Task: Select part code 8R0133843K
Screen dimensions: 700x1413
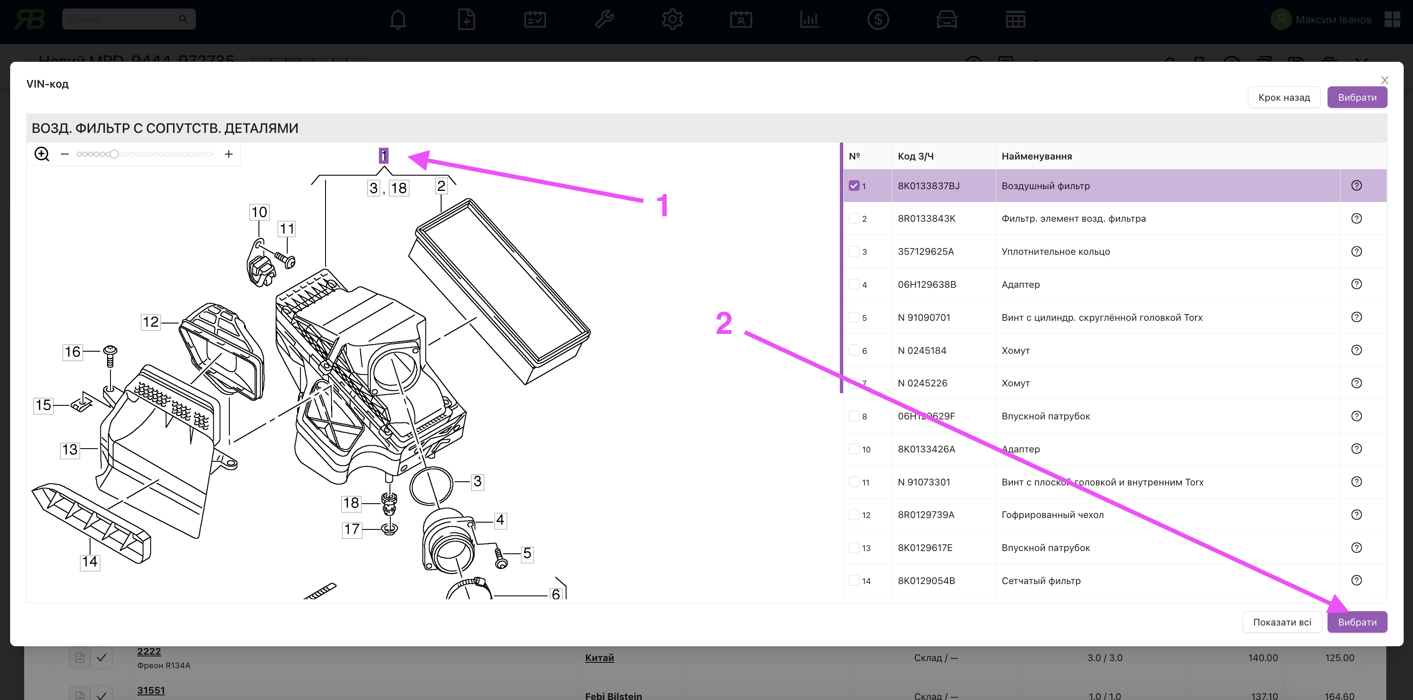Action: coord(927,218)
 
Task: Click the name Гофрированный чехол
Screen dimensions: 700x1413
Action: coord(1052,515)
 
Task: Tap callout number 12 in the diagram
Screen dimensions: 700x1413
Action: coord(150,322)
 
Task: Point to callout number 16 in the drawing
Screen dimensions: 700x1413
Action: coord(72,352)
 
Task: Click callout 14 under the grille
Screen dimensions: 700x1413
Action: coord(90,562)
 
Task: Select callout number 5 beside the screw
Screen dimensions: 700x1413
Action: coord(527,553)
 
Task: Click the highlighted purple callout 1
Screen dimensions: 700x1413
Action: coord(384,156)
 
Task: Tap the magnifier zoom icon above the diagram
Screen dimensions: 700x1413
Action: coord(41,154)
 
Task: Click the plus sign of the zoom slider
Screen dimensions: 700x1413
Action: coord(229,154)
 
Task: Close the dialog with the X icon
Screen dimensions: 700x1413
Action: coord(1385,80)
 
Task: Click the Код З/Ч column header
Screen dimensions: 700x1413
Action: coord(916,156)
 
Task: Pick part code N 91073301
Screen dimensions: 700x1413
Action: coord(924,482)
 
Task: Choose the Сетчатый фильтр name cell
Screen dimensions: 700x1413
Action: coord(1040,580)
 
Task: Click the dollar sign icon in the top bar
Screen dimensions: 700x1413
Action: coord(878,20)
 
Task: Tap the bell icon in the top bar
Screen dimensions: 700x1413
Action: coord(397,20)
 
